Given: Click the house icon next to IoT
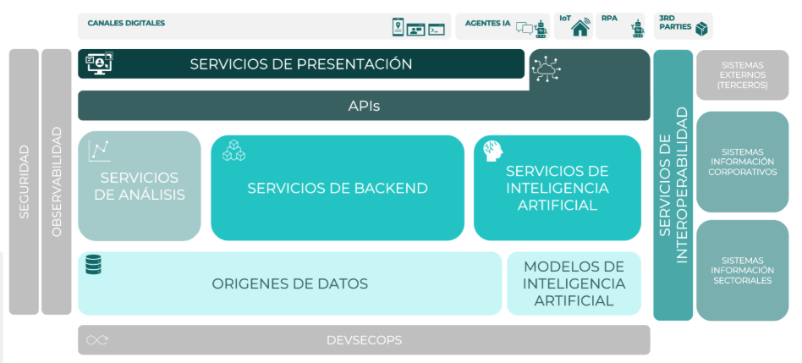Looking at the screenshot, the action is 580,27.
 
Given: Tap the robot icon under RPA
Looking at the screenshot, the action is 638,29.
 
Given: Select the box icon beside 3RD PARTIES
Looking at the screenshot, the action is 701,29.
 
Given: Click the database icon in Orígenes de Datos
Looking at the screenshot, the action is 94,265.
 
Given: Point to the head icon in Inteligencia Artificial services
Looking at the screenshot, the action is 493,151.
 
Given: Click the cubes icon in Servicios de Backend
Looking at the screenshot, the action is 233,150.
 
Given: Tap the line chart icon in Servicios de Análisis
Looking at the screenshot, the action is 99,151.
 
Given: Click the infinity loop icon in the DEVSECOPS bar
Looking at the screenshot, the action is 97,340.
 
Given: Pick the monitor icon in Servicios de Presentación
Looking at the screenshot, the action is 99,64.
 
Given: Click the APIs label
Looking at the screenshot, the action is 364,107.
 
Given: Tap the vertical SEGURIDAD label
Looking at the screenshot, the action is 24,182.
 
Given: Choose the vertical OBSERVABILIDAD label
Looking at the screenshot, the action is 57,182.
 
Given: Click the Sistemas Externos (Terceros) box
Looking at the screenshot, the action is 742,75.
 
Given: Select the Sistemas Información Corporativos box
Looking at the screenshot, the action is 742,162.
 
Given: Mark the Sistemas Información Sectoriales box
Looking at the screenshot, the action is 742,271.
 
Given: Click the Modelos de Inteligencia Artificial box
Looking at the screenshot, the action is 574,283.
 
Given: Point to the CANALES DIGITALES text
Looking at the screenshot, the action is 126,23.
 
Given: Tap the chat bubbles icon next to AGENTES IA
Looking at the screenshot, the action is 525,28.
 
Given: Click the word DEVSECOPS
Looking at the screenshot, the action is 364,340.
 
